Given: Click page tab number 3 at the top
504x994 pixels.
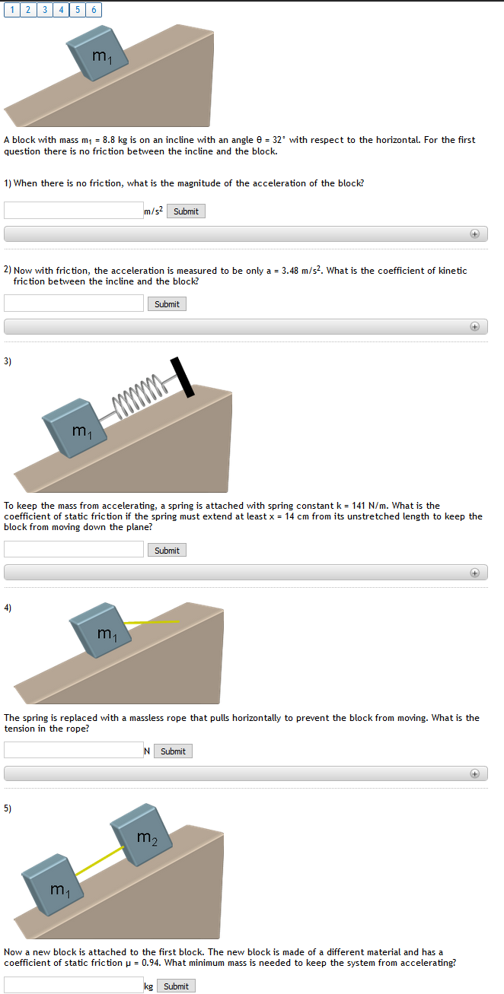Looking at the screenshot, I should [45, 10].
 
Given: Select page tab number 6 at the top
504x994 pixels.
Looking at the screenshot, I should [93, 10].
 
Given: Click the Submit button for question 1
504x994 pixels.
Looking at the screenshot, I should [186, 211].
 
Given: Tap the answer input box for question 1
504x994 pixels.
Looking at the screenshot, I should [73, 211].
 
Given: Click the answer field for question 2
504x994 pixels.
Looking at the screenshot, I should [73, 303].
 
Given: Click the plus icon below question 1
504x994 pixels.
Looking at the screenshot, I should [474, 234].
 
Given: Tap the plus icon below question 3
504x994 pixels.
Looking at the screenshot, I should [474, 572].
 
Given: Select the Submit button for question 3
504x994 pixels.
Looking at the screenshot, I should [167, 550].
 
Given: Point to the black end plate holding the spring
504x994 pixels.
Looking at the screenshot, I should [182, 377].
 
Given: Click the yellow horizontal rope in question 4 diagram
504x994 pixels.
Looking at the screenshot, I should [152, 622].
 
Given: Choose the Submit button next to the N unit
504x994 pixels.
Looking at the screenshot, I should [173, 751].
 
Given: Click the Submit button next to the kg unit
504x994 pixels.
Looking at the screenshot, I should [176, 986].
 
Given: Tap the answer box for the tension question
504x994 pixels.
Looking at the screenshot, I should [73, 751].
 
